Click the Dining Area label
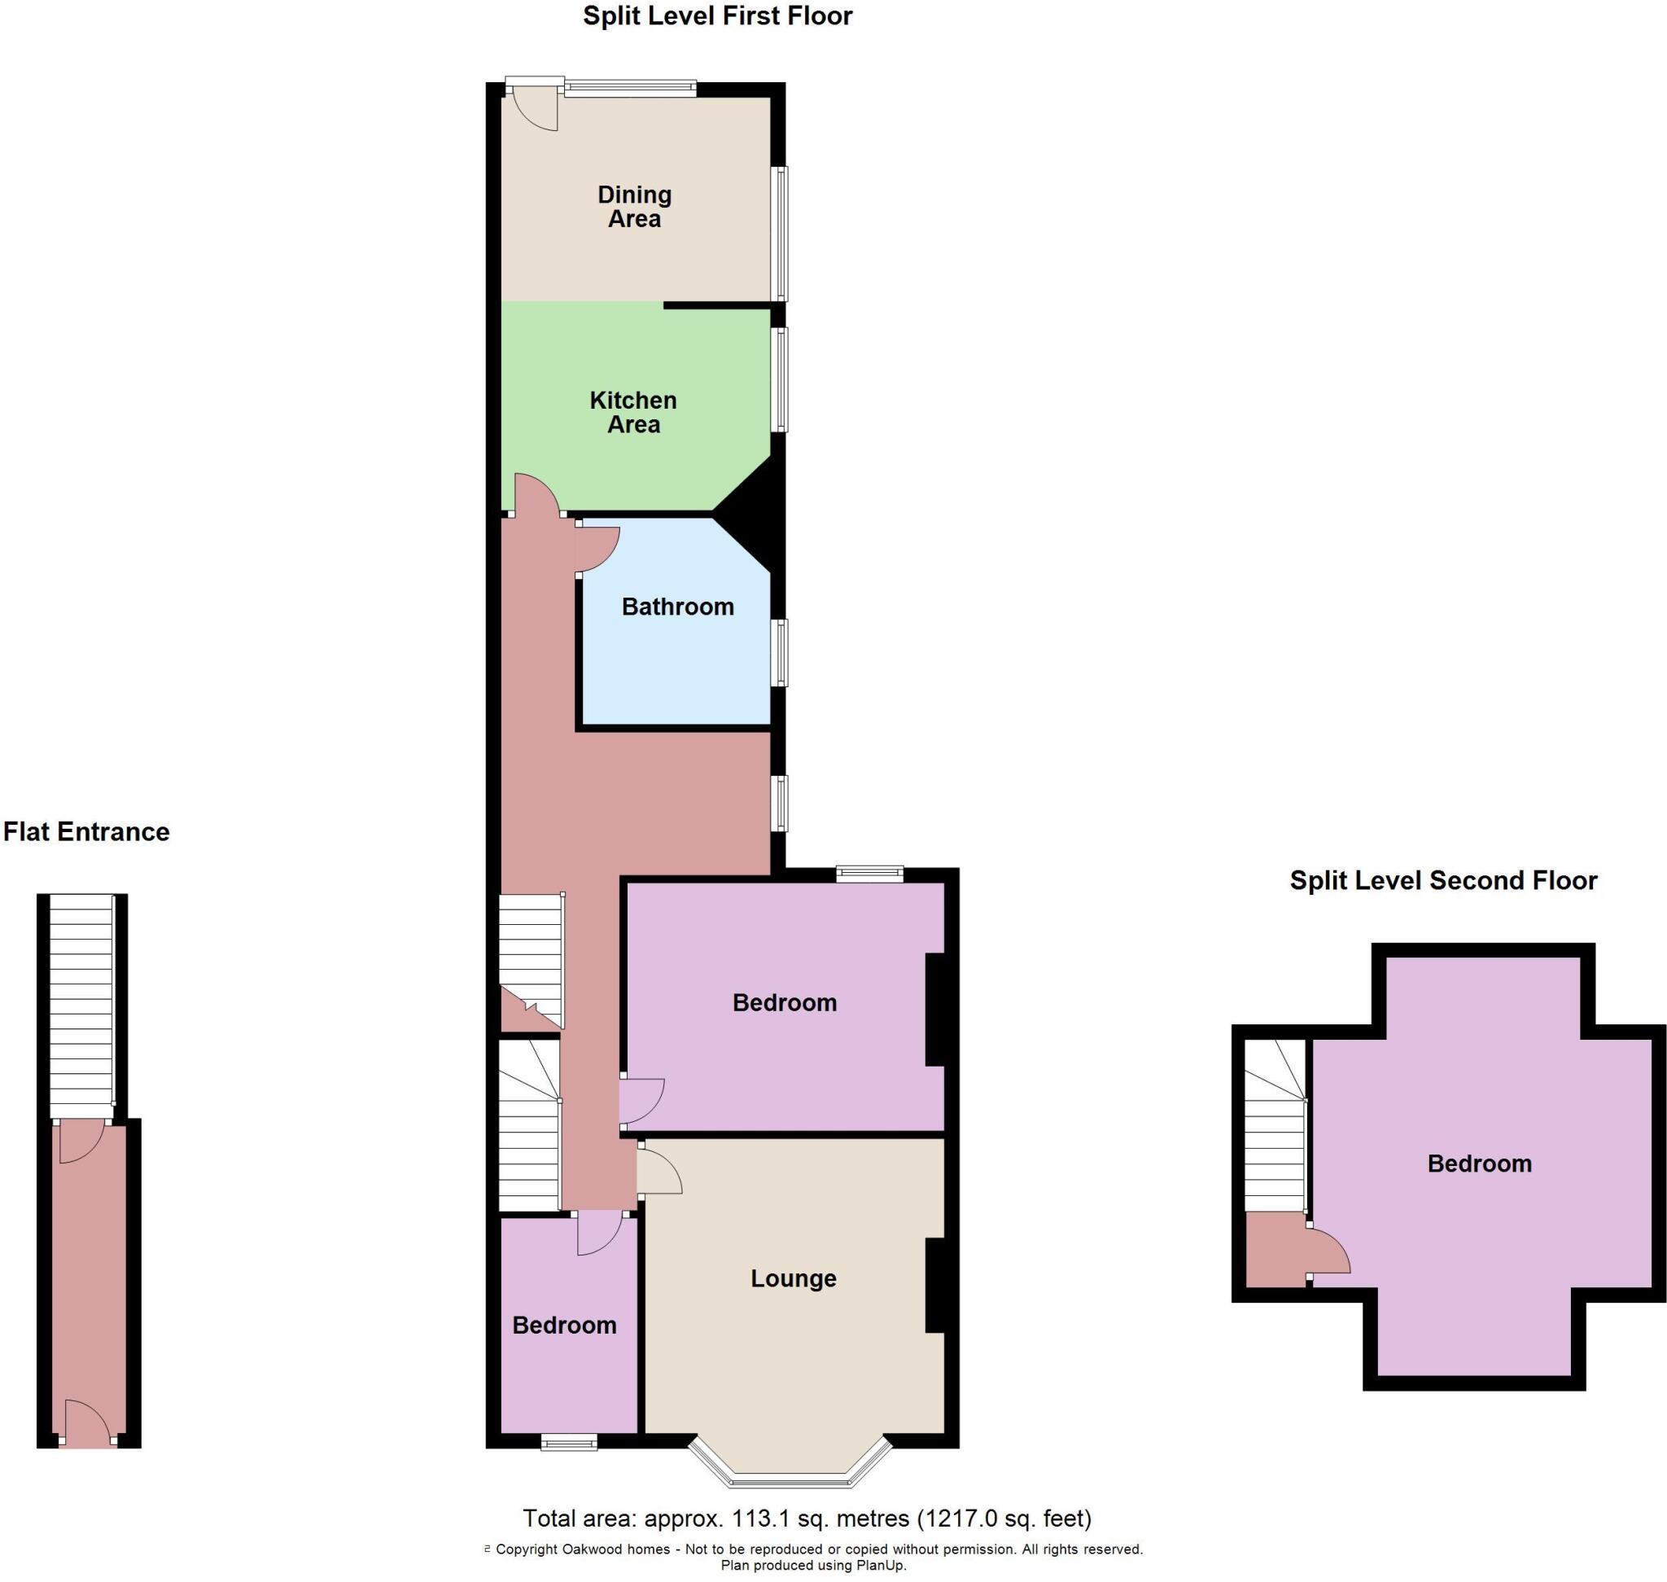(x=634, y=207)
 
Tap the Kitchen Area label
(x=632, y=411)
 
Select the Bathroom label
(x=677, y=607)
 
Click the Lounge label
(x=793, y=1277)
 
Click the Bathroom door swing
(x=597, y=548)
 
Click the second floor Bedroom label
(x=1479, y=1163)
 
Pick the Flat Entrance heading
(x=86, y=831)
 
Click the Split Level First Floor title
(x=718, y=16)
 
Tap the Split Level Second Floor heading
(x=1442, y=879)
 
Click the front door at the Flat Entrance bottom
(x=86, y=1424)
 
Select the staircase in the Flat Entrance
(x=81, y=1003)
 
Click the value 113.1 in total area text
(x=756, y=1518)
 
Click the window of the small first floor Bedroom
(x=568, y=1444)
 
